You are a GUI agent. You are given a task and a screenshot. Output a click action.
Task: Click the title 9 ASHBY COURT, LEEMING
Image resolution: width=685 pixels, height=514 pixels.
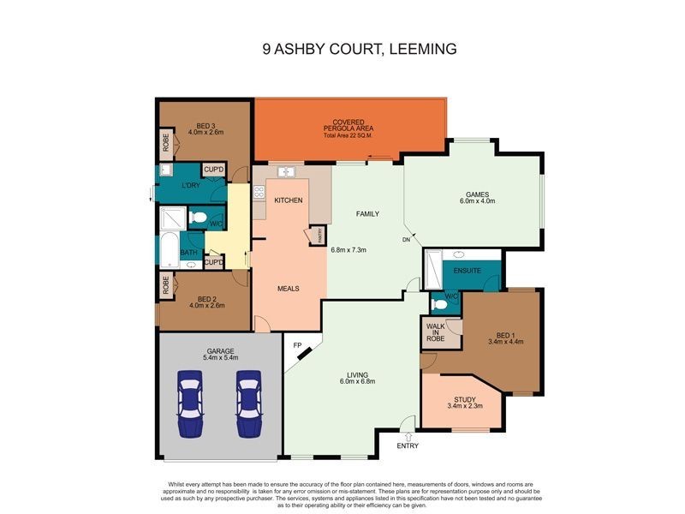pyautogui.click(x=360, y=49)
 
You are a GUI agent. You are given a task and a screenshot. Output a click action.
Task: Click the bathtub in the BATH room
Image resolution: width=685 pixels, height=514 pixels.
pyautogui.click(x=169, y=248)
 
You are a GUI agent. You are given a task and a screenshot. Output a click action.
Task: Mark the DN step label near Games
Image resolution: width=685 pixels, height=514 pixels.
pyautogui.click(x=407, y=240)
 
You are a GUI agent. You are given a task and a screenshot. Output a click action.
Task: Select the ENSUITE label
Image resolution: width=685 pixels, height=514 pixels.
pyautogui.click(x=468, y=272)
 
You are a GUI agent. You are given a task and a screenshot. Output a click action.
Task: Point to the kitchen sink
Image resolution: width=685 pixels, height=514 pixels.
pyautogui.click(x=285, y=172)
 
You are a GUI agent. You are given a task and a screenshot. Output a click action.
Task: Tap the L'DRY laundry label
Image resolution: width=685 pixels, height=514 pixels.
pyautogui.click(x=191, y=186)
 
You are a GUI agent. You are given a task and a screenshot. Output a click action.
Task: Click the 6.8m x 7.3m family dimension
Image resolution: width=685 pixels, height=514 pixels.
pyautogui.click(x=348, y=250)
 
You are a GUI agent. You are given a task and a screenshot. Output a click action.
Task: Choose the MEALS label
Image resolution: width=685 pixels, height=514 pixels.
pyautogui.click(x=288, y=289)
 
